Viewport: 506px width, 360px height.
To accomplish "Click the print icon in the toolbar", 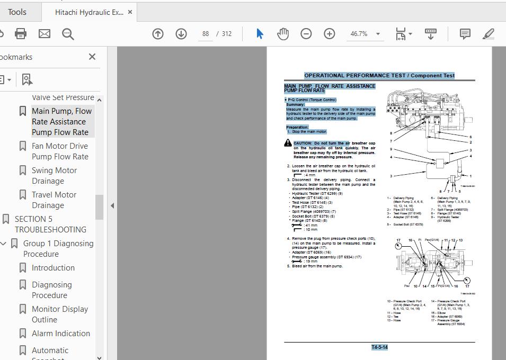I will coord(21,34).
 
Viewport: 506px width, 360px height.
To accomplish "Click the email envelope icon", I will coord(45,34).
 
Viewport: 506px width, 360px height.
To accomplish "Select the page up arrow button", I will coord(158,34).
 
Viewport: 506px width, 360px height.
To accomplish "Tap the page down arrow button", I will coord(181,34).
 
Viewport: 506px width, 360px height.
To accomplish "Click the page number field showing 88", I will coord(206,34).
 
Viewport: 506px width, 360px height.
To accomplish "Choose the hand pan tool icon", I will coord(283,34).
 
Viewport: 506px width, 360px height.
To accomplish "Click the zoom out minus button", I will coord(306,34).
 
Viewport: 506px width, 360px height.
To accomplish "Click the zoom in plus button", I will coord(330,34).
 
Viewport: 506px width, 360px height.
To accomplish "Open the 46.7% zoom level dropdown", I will coord(365,34).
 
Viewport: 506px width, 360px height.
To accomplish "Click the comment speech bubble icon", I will coord(465,34).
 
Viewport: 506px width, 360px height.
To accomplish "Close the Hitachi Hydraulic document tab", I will coord(130,12).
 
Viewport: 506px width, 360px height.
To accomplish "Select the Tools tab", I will coord(17,12).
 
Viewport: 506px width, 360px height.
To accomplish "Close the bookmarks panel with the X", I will coord(92,57).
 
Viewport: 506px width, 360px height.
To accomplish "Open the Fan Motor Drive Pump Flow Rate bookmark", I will coord(60,151).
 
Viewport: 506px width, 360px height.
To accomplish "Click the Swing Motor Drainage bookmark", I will coord(54,176).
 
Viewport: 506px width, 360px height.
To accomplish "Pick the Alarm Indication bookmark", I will coord(61,334).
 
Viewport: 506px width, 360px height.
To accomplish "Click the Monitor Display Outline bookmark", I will coord(60,314).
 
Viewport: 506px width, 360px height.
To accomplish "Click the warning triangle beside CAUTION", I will coord(288,143).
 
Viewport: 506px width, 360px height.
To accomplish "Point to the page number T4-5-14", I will coord(379,347).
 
